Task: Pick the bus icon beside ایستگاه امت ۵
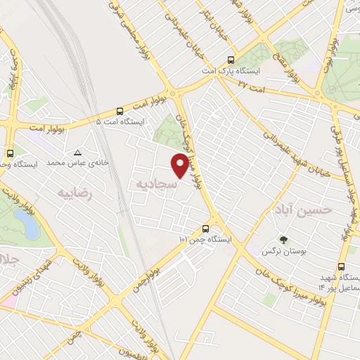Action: coord(120,110)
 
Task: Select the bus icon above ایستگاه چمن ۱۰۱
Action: coord(205,229)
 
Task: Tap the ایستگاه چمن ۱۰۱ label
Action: coord(204,240)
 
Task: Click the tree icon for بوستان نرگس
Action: coord(283,239)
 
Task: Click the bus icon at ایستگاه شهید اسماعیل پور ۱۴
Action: coord(342,267)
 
